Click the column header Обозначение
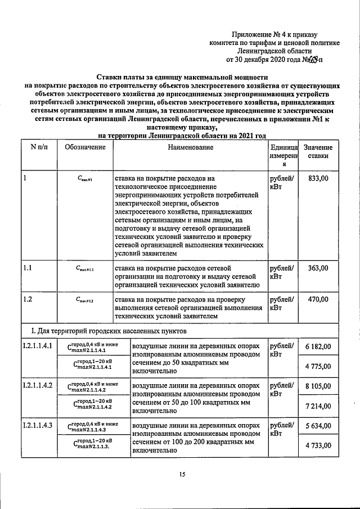(85, 147)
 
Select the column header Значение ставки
(318, 152)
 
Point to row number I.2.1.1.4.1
(38, 346)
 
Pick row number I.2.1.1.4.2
(38, 386)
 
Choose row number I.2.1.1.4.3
(38, 425)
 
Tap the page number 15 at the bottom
(182, 475)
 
